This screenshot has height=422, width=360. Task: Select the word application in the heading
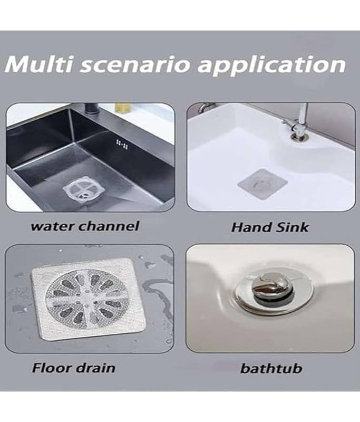pyautogui.click(x=271, y=65)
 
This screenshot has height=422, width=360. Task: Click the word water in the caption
pyautogui.click(x=52, y=226)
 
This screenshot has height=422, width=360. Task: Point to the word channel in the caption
pyautogui.click(x=109, y=226)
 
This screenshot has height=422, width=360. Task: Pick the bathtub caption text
pyautogui.click(x=271, y=368)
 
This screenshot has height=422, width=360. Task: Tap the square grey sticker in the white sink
pyautogui.click(x=262, y=184)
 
